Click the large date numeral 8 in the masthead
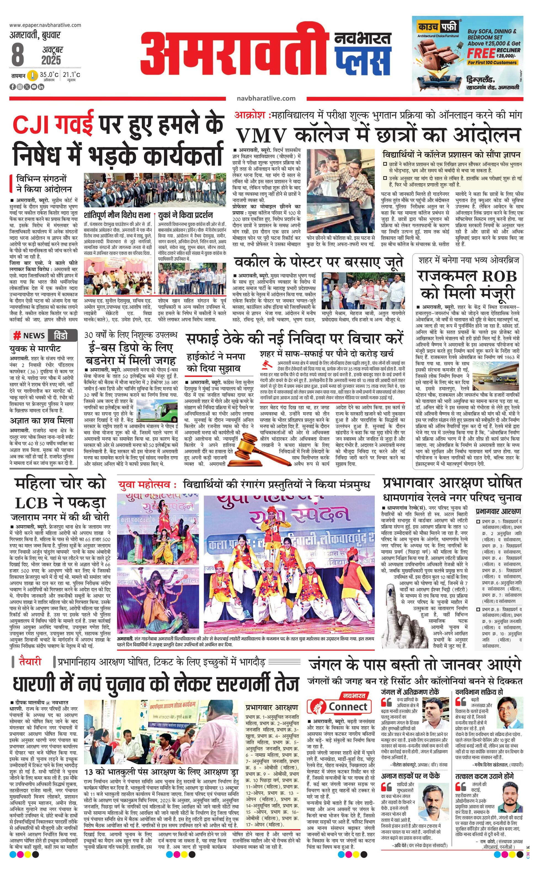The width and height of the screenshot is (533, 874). point(17,54)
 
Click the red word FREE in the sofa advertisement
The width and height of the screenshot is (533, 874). point(481,53)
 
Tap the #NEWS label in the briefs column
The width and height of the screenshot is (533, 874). point(29,336)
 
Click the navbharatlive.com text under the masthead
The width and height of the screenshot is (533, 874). point(266,98)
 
